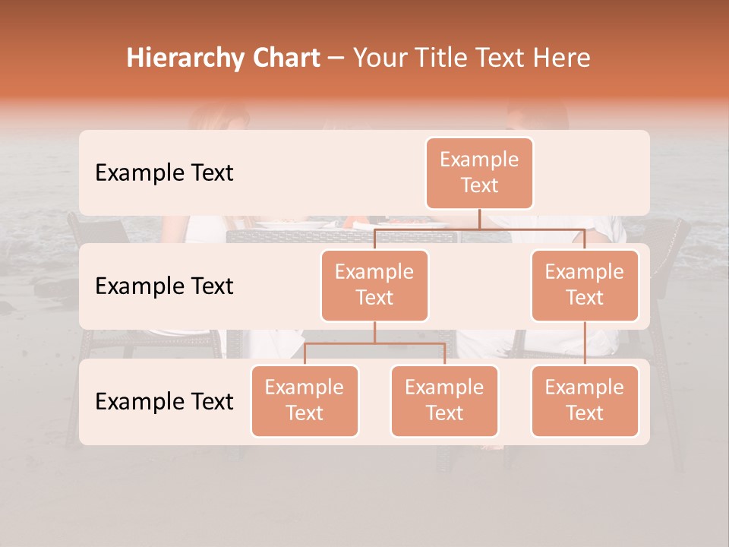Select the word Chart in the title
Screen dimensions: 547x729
(287, 58)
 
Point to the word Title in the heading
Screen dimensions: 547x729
(443, 58)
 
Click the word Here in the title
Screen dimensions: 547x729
(563, 58)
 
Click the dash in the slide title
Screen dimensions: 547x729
(336, 58)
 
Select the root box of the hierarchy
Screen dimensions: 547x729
(479, 172)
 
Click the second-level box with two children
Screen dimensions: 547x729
(374, 285)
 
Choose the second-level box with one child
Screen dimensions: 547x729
(584, 285)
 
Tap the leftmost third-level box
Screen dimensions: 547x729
(305, 400)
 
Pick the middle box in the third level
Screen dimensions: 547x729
(444, 400)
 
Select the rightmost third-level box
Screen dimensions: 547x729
(584, 400)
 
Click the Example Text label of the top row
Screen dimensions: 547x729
(164, 172)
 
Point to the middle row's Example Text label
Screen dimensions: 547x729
(164, 286)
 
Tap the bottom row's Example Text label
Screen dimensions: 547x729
(164, 401)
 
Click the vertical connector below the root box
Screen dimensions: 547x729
(479, 219)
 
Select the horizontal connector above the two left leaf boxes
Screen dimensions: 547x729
(374, 343)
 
